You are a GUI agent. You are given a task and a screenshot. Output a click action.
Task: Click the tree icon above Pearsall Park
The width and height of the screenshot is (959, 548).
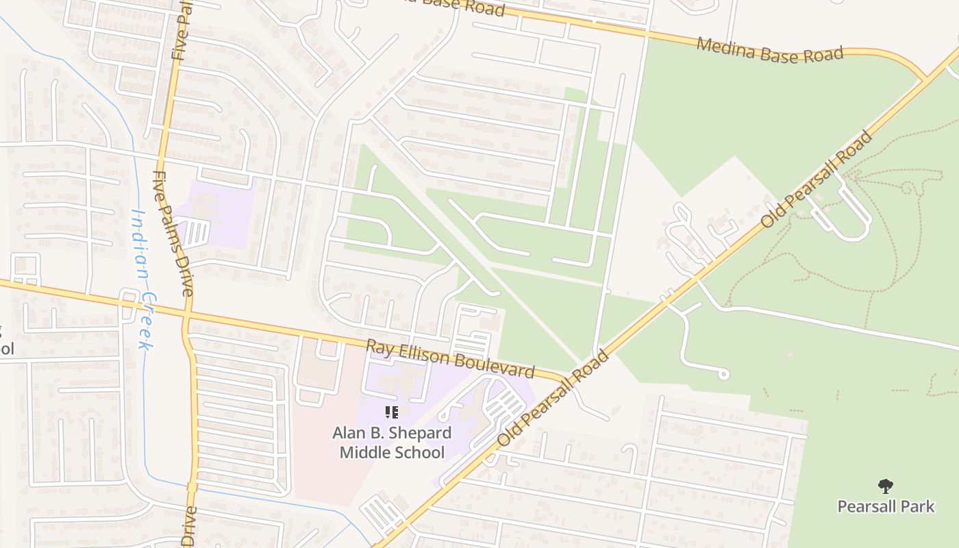click(886, 486)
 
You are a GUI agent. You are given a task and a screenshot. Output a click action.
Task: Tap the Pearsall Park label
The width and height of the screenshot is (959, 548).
click(886, 507)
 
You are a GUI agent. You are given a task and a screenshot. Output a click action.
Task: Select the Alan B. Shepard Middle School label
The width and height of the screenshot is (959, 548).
click(392, 443)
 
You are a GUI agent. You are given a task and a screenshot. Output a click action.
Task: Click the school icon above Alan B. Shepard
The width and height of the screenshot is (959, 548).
click(392, 412)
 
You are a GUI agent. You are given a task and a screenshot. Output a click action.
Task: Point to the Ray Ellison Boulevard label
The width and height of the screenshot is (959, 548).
click(450, 359)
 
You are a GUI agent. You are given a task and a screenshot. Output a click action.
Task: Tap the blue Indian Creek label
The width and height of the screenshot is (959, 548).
click(142, 279)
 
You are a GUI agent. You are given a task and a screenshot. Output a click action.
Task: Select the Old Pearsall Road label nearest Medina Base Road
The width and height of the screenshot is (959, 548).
click(817, 179)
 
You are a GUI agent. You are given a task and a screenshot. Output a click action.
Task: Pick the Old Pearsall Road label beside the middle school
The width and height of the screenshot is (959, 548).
click(552, 399)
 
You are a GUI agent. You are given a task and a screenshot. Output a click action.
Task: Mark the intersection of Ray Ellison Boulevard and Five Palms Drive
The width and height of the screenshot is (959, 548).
click(187, 318)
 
